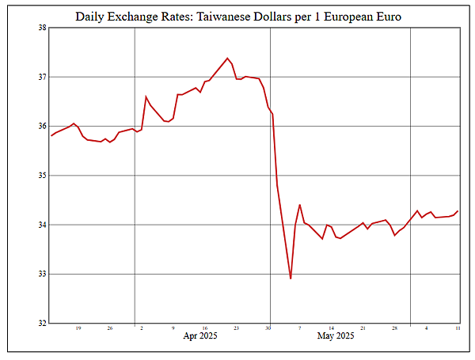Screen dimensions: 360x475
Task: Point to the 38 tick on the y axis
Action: (42, 28)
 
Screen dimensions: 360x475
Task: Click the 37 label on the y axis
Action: (42, 77)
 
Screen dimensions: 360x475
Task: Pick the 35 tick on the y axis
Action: (42, 176)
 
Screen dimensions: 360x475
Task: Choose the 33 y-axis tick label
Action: (42, 274)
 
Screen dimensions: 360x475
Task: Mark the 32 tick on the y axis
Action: (42, 323)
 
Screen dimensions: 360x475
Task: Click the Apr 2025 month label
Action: (200, 336)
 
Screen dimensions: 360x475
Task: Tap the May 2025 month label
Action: (336, 336)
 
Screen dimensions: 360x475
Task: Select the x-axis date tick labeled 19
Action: (78, 328)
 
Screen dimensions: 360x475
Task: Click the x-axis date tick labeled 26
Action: (109, 328)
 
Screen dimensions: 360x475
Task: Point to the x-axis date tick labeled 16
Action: (204, 328)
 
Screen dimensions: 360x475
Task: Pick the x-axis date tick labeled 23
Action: (236, 328)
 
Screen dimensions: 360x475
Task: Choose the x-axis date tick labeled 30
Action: (268, 328)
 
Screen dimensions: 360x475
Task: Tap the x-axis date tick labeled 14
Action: (331, 328)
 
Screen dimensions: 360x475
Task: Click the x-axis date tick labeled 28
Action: (394, 328)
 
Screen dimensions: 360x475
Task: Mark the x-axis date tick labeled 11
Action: (458, 328)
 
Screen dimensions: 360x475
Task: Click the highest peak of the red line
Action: (228, 58)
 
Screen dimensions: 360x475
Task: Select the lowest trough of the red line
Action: (291, 279)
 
